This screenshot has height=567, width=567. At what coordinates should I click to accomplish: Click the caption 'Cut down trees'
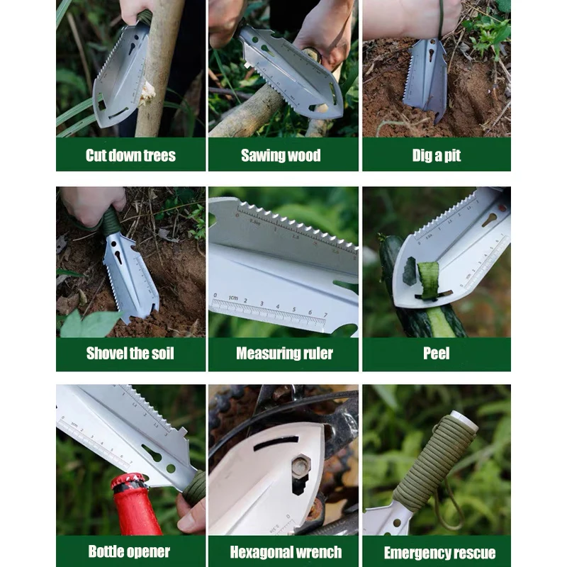130,155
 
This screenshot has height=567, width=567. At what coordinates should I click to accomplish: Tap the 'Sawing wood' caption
281,155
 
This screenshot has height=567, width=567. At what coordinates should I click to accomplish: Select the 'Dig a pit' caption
437,155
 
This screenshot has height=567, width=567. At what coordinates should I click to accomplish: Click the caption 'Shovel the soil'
130,353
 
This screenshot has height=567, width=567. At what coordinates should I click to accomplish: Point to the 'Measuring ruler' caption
285,353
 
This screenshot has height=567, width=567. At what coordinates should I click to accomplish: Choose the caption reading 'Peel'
437,353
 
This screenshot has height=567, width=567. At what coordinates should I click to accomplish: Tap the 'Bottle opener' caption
129,551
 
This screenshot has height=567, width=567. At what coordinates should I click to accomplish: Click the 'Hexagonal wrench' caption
286,552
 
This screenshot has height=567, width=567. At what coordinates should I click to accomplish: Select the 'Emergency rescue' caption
439,553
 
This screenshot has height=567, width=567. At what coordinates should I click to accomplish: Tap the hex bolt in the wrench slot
301,466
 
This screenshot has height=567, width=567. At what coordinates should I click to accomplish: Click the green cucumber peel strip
428,281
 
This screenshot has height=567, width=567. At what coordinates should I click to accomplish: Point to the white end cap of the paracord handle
465,420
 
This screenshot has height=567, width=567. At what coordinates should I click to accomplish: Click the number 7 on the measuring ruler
325,315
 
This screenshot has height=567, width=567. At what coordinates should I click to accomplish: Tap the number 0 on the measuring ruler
215,296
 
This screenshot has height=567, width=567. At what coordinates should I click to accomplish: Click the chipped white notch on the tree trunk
147,93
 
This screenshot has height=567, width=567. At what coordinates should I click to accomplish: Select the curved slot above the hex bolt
276,443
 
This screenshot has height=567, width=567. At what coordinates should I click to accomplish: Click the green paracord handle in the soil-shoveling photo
110,221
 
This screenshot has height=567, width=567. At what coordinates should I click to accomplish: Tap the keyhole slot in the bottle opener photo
152,453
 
